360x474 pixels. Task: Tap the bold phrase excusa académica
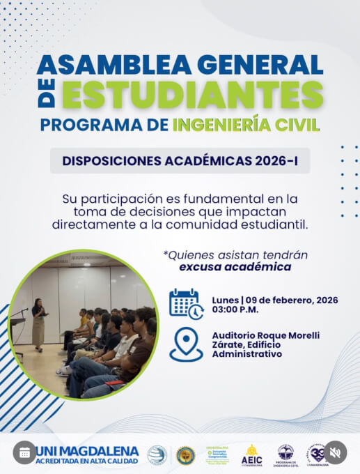click(235, 266)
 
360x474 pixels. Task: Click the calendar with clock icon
click(186, 303)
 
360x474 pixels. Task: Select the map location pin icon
click(186, 344)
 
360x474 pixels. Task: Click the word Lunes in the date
click(227, 299)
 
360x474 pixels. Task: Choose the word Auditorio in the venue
click(236, 335)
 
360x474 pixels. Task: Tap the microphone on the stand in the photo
click(23, 310)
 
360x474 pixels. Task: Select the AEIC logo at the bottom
click(251, 454)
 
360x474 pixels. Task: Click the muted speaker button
click(335, 452)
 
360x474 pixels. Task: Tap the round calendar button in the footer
click(25, 452)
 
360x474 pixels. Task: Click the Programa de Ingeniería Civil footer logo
click(285, 454)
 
